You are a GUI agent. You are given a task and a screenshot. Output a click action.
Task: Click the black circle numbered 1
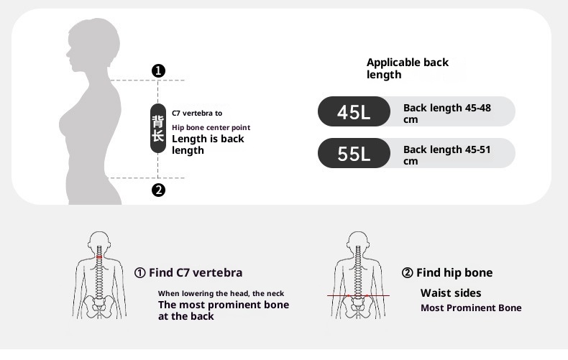(x=158, y=70)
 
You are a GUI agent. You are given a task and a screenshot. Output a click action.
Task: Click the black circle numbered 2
(x=158, y=190)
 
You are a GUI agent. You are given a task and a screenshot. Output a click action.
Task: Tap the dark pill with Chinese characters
(x=158, y=128)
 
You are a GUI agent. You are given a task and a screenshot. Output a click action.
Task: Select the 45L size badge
(x=354, y=111)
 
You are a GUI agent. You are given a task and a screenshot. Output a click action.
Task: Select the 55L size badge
(x=354, y=153)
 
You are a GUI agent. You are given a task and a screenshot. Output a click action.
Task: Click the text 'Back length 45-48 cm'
(x=447, y=114)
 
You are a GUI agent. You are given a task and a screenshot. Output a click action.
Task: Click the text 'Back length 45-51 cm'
(x=447, y=155)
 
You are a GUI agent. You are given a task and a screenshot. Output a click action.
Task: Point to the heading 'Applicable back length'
(x=408, y=68)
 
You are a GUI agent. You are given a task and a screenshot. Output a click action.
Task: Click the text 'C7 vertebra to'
(x=197, y=113)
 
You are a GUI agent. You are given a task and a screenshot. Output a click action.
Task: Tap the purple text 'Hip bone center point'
(x=211, y=127)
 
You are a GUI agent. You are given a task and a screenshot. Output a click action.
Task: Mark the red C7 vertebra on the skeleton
(x=99, y=257)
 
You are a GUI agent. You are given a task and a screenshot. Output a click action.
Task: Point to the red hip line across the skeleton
(x=358, y=295)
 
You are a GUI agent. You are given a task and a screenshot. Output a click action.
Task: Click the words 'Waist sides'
(x=451, y=292)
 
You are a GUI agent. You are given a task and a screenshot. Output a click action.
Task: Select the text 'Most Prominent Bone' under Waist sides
(x=471, y=308)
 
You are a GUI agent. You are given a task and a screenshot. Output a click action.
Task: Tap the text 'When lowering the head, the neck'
(x=221, y=293)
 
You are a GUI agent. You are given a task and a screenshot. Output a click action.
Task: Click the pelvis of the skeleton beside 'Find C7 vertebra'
(x=99, y=307)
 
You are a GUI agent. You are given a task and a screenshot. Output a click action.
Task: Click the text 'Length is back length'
(x=208, y=144)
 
